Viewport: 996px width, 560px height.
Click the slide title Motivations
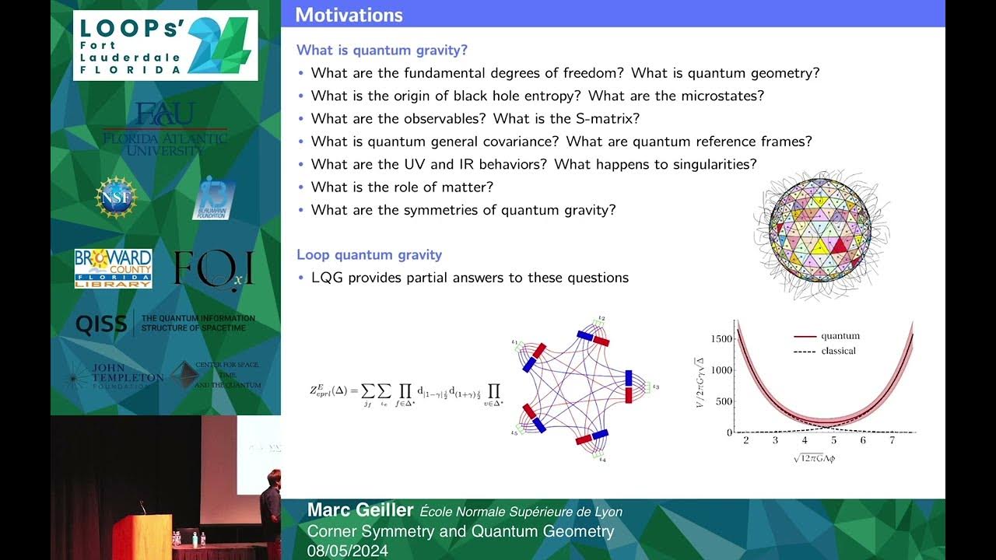[x=349, y=15]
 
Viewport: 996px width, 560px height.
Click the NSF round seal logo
[x=116, y=197]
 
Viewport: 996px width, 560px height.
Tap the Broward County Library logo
[x=113, y=268]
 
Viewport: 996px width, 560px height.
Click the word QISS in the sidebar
[x=101, y=324]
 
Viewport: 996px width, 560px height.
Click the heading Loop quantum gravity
[x=369, y=254]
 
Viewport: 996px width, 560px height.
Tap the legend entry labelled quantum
[x=840, y=336]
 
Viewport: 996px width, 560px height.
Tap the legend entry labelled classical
[x=838, y=351]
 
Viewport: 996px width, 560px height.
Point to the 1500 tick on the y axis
[x=721, y=339]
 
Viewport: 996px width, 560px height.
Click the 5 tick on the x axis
[x=833, y=441]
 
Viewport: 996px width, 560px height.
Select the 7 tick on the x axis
[x=892, y=441]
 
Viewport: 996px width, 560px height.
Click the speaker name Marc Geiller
[x=359, y=510]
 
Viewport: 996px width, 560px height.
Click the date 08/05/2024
[x=347, y=551]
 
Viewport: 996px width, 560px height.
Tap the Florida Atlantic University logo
[x=165, y=129]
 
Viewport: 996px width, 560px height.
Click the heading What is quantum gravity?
[x=382, y=51]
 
